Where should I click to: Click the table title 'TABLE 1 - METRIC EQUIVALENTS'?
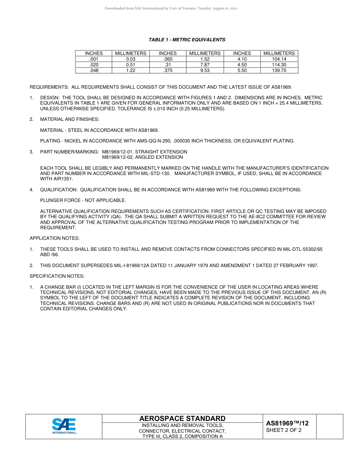coord(187,40)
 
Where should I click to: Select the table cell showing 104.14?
coord(279,59)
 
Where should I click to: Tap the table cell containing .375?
coord(167,70)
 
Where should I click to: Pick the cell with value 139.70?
coord(279,70)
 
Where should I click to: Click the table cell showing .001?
coord(94,59)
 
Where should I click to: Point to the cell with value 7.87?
coord(205,65)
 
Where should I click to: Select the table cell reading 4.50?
coord(242,65)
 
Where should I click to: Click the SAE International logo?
coord(64,426)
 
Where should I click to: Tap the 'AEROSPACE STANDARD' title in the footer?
coord(182,419)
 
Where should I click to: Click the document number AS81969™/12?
coord(287,424)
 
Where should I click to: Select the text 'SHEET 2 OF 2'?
coord(284,430)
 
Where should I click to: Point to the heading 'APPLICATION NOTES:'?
coord(55,238)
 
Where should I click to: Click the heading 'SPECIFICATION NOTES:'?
coord(57,276)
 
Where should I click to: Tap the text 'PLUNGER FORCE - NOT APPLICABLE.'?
coord(83,200)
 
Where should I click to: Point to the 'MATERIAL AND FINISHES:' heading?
coord(70,119)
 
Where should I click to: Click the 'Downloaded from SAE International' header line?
coord(171,8)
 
